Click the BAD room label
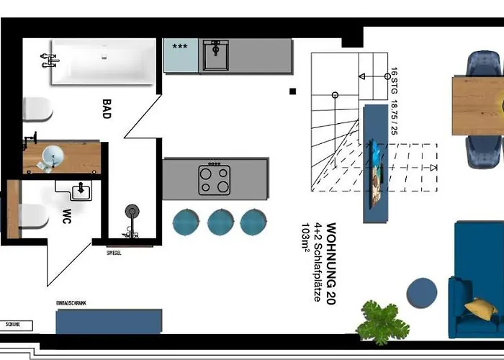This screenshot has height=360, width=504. pos(107,109)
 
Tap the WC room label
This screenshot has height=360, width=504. pos(66,216)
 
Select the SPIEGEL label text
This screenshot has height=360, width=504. pos(114,253)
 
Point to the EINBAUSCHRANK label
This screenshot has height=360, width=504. pos(71,303)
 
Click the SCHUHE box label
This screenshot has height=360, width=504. pos(13,324)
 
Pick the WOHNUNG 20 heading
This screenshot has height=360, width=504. pos(331,264)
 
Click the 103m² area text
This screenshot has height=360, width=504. pos(305,237)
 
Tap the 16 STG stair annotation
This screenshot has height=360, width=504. pos(394,81)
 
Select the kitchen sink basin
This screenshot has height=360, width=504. pos(216,55)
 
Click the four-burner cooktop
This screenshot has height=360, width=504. pos(215,179)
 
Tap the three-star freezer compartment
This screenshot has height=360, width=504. pos(181,55)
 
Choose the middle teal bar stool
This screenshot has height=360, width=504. pos(220,222)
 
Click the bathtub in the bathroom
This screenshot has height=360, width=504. pos(103,62)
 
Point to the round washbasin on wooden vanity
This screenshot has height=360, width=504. pos(53,156)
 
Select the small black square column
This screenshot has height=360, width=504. pos(292,91)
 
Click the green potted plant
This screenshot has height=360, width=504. pos(382,323)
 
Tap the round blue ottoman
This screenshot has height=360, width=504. pos(422,293)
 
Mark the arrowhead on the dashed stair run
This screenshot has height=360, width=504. pos(433,168)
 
